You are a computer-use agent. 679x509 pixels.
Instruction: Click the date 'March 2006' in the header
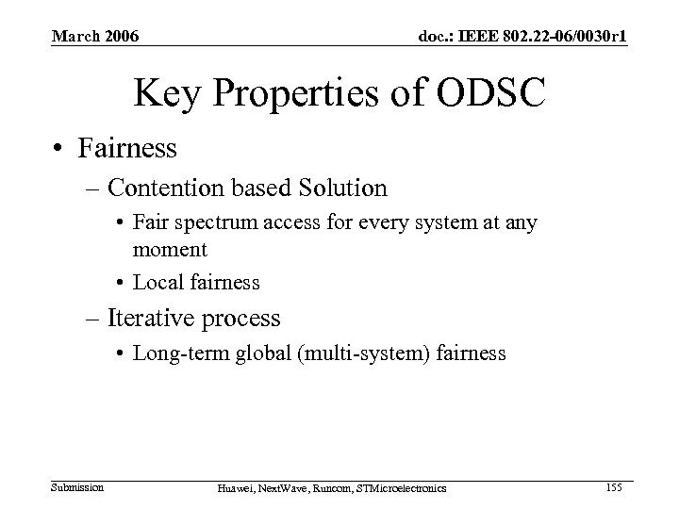95,37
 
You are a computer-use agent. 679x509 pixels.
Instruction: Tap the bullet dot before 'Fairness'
58,148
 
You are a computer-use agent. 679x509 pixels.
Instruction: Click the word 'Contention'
170,188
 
